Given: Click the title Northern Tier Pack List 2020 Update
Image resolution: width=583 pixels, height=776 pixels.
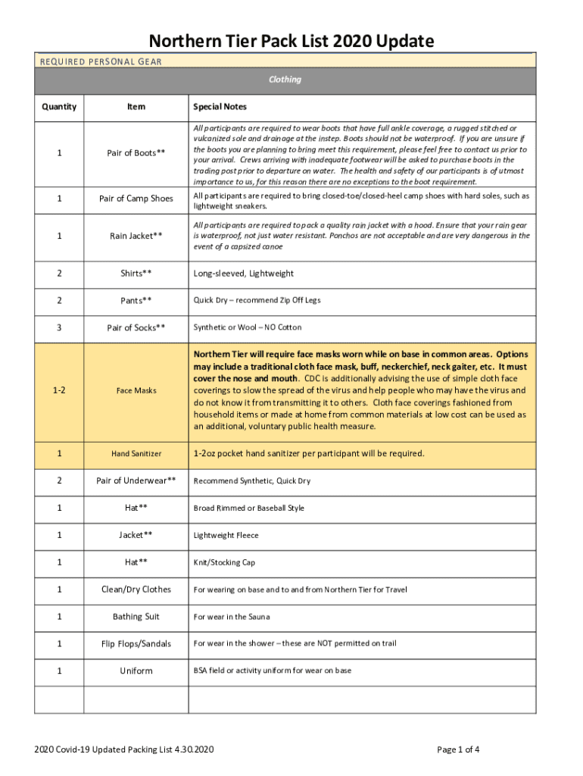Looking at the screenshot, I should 291,40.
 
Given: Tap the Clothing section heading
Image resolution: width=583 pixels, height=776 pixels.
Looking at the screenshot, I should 285,80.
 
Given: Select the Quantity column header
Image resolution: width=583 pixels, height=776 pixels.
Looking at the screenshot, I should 59,107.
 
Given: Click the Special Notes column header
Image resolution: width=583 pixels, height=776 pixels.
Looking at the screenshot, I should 220,107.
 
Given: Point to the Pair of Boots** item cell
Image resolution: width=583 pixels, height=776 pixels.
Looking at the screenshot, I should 136,153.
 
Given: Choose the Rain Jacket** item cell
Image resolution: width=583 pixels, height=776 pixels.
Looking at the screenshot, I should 136,236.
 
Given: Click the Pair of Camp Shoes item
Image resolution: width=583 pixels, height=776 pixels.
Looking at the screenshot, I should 136,199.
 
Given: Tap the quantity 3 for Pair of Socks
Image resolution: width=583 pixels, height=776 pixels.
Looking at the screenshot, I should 59,327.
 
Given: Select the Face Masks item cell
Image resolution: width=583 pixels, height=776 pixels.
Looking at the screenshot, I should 136,390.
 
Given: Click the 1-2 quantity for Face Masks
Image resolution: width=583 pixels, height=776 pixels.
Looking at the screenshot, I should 59,390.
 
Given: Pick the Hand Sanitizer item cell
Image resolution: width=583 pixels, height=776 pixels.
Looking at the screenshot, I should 136,453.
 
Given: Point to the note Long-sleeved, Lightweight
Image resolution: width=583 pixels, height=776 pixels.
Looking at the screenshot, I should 243,274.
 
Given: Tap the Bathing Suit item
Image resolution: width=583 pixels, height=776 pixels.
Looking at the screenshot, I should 136,617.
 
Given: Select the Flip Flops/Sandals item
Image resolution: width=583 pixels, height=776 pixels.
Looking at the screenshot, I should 136,644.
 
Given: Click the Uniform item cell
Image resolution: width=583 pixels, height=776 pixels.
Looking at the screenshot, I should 136,671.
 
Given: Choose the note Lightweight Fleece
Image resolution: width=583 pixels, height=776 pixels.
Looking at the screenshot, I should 226,535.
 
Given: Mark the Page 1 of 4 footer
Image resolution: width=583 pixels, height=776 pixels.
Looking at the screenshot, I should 458,750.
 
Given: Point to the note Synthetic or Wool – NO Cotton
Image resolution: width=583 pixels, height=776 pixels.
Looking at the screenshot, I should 247,327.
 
